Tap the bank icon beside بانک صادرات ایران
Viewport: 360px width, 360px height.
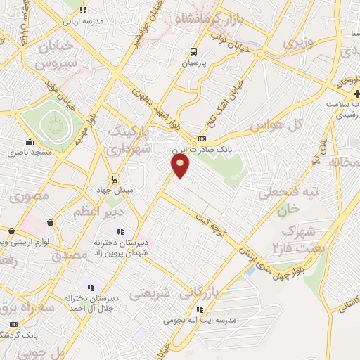(x=202, y=139)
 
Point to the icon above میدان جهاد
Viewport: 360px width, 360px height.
(x=116, y=179)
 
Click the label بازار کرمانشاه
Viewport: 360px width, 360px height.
(x=210, y=19)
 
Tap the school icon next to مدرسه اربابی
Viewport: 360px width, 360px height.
(x=84, y=10)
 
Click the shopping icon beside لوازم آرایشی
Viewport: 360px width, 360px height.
(x=50, y=223)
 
